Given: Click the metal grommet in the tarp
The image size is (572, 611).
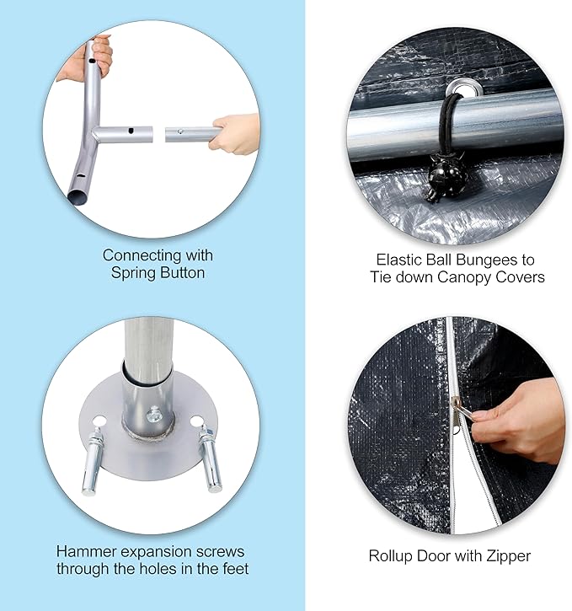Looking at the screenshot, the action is [464, 88].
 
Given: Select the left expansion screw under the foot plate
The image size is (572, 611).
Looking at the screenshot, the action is [92, 461].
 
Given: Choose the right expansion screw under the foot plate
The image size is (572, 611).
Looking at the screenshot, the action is [210, 459].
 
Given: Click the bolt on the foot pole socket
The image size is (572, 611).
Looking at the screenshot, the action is [154, 415].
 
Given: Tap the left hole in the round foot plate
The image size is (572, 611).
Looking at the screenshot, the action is [99, 421].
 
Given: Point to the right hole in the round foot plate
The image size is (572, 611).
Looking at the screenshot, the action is [196, 421].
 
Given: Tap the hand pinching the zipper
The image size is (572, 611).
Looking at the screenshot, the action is [518, 421].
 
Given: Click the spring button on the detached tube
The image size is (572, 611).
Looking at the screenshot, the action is [180, 131].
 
